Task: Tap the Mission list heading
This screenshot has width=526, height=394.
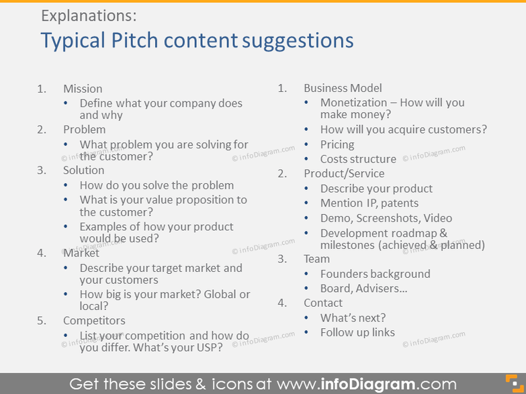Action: coord(83,89)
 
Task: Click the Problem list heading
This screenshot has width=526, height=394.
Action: coord(84,130)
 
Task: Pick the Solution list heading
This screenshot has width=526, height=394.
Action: coord(85,170)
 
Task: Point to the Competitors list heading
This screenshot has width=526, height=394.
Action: coord(94,321)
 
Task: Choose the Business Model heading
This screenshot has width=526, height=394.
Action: coord(343,88)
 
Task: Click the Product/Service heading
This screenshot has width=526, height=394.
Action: coord(344,174)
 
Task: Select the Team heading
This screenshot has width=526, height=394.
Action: coord(316,259)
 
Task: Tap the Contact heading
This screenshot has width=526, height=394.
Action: coord(323,303)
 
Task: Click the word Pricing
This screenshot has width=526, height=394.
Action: coord(337,144)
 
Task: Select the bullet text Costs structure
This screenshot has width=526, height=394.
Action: coord(358,159)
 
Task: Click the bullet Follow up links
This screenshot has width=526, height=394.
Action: coord(357,332)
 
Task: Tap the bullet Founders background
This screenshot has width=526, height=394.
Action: coord(375,274)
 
